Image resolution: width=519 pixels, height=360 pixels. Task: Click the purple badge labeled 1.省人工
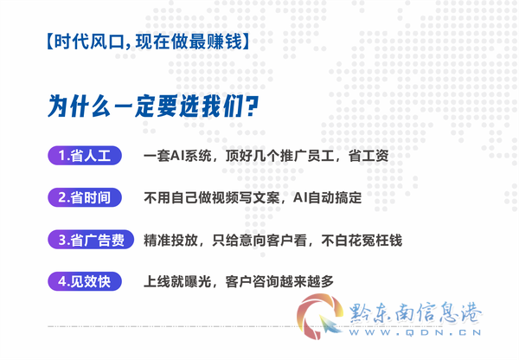click(x=85, y=155)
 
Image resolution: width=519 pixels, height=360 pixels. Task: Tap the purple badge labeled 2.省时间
click(x=85, y=197)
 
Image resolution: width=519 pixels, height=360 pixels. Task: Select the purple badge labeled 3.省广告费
click(x=91, y=240)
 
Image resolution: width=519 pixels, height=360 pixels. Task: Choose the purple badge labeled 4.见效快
click(x=85, y=281)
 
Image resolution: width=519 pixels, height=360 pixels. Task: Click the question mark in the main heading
click(x=252, y=106)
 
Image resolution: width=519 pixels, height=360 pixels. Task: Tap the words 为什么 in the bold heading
click(x=79, y=106)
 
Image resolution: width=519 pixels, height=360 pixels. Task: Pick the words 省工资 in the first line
click(x=368, y=156)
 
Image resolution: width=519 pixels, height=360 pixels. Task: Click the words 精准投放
click(x=170, y=240)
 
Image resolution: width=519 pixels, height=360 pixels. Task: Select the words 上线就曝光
click(x=177, y=282)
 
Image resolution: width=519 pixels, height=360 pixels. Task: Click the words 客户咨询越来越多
click(x=279, y=282)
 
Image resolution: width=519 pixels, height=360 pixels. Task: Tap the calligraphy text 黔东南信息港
click(x=415, y=312)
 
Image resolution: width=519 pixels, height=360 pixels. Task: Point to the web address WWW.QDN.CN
click(x=415, y=332)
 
